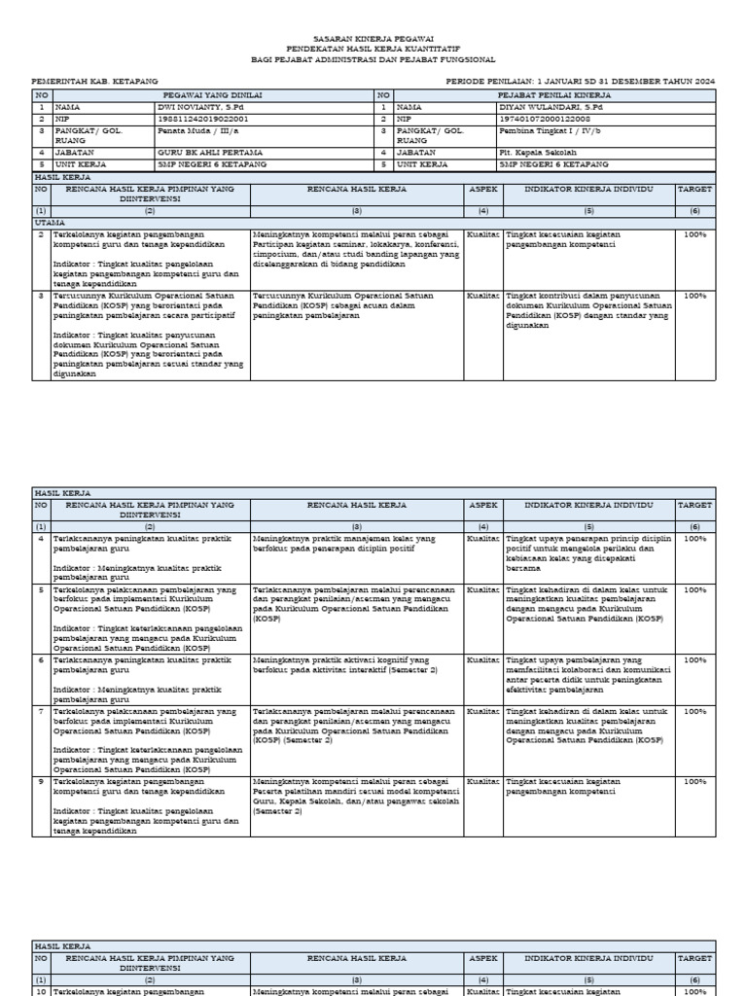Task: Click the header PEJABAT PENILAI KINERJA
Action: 553,95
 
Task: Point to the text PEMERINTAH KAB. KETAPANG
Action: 95,82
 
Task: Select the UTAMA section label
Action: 49,223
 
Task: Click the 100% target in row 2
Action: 695,234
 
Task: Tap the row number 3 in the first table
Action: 41,295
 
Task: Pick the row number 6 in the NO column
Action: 41,659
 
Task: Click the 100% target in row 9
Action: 695,781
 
